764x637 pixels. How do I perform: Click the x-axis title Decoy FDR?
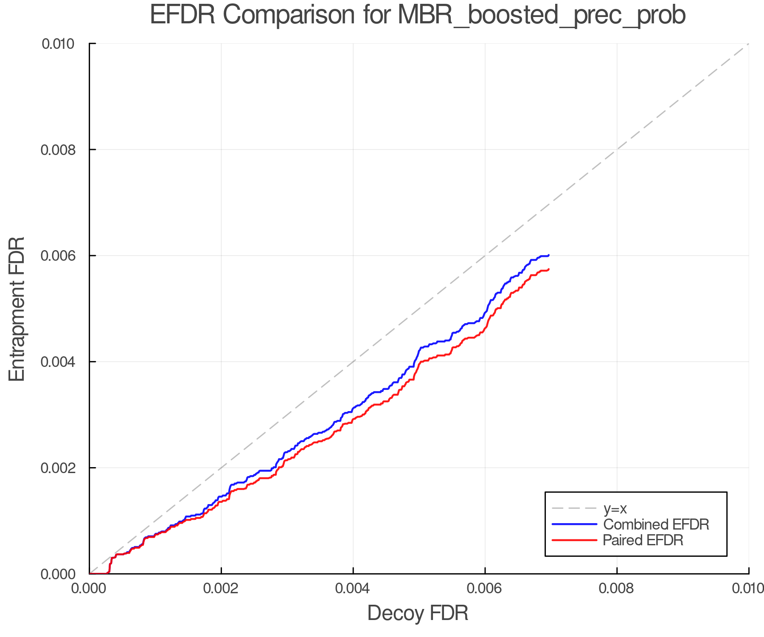[418, 613]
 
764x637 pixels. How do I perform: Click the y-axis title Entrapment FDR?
[17, 309]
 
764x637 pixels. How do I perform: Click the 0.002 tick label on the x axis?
[221, 588]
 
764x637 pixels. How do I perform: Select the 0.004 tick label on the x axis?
[353, 588]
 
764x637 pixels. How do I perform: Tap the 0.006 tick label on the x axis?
[485, 588]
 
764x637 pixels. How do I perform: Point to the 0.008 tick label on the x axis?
[617, 588]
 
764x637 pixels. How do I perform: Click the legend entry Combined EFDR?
[656, 524]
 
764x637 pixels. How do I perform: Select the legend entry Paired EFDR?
[643, 540]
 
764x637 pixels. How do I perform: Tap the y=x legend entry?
[615, 508]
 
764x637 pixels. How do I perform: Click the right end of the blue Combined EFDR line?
[549, 255]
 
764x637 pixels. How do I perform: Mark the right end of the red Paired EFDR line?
[549, 269]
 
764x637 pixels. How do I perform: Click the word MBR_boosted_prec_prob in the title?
[542, 16]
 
